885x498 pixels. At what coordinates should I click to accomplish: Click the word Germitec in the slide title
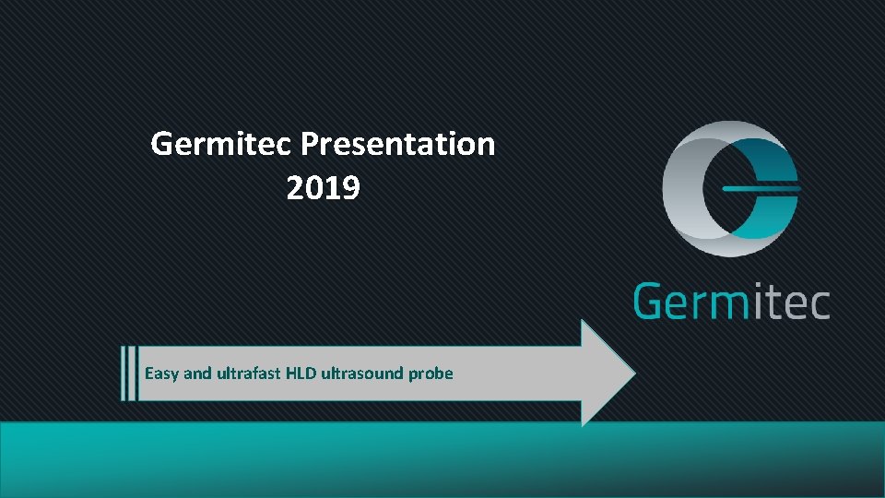point(221,144)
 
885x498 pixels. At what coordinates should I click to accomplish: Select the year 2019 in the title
point(324,188)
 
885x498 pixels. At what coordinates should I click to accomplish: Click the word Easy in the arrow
point(162,373)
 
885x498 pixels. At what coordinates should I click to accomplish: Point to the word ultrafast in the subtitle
point(250,373)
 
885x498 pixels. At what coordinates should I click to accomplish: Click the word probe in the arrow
point(431,373)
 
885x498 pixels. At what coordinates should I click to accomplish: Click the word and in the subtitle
point(198,373)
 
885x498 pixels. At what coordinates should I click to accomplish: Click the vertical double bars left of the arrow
point(128,373)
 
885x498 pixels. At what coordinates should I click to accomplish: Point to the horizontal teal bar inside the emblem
point(760,188)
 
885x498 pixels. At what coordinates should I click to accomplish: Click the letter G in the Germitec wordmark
point(652,302)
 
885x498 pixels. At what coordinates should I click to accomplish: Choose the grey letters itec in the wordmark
point(793,302)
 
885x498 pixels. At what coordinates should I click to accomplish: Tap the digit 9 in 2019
point(350,188)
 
